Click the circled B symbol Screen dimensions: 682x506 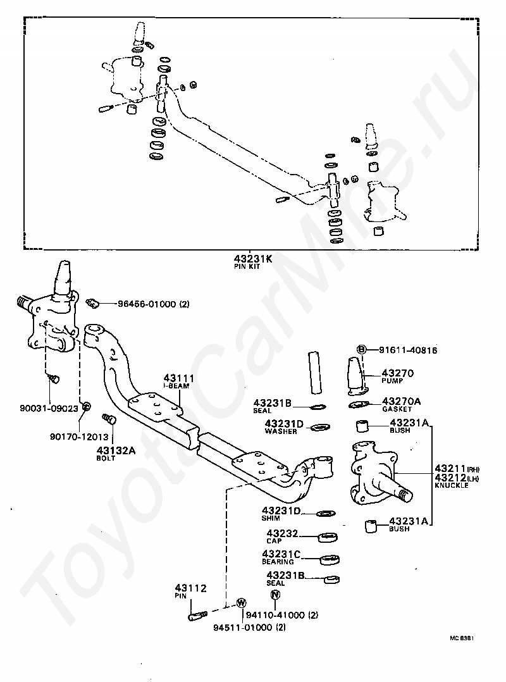(362, 349)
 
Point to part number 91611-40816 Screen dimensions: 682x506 (409, 350)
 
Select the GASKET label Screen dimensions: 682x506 (396, 409)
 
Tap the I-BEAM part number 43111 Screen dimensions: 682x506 (179, 378)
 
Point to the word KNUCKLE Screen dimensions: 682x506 (451, 485)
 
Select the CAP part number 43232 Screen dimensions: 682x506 (282, 533)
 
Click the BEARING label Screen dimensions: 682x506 (278, 562)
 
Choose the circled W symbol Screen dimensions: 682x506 (240, 603)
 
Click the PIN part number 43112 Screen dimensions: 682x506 (191, 588)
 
